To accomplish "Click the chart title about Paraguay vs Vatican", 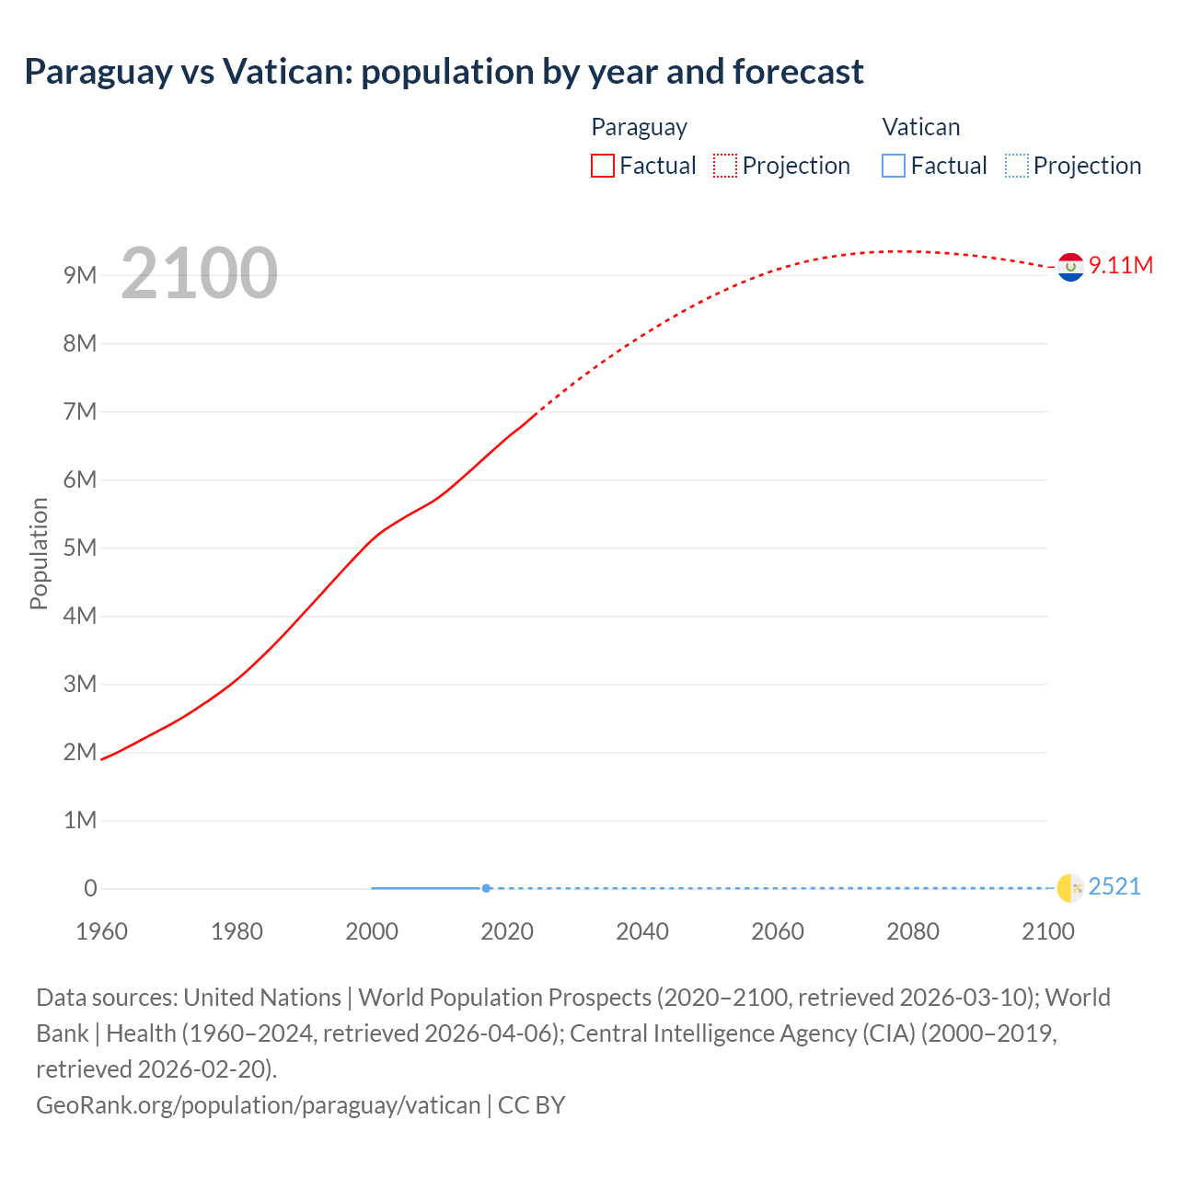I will (x=444, y=72).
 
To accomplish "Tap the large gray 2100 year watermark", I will (x=199, y=272).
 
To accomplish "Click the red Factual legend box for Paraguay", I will (x=603, y=166).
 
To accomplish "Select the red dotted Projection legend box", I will (x=725, y=166).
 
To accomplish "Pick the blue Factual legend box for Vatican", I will (x=894, y=166).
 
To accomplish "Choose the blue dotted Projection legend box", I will (x=1016, y=166).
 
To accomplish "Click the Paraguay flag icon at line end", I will (x=1070, y=267).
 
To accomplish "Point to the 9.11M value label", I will (x=1121, y=265).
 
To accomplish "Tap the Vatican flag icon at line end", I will (x=1070, y=888).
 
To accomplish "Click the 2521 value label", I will (x=1114, y=887).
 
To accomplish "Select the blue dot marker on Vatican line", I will (x=486, y=888).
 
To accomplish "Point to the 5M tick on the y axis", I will (x=80, y=548).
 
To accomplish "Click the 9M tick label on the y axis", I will (x=80, y=275).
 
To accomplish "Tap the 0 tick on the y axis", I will (x=90, y=888).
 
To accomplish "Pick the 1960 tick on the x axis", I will (x=101, y=931).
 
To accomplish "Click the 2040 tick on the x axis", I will (x=642, y=931).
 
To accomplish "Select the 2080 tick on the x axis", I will (x=913, y=931).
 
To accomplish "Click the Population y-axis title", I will (x=39, y=553).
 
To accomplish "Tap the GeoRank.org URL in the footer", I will (x=258, y=1105).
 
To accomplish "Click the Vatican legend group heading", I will (x=921, y=127).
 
